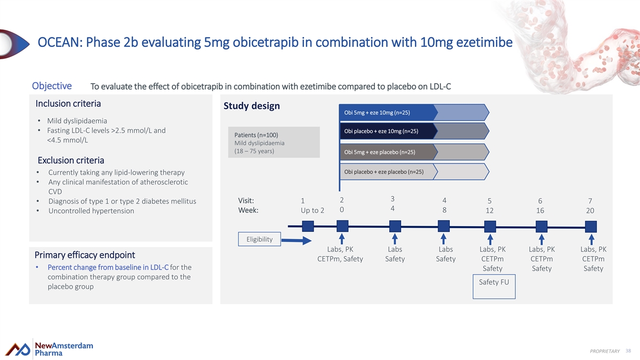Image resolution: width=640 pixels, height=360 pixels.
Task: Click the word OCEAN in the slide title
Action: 60,42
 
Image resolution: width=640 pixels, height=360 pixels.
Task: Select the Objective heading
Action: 52,86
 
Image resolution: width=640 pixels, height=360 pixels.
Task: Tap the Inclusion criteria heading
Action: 68,103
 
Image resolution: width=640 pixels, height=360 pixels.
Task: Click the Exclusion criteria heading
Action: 71,161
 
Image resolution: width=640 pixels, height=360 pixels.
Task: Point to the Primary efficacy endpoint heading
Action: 85,255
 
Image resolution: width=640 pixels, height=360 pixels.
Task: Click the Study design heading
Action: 251,106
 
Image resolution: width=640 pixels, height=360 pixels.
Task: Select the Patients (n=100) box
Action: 274,142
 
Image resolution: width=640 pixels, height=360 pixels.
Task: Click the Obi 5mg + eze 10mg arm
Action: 414,113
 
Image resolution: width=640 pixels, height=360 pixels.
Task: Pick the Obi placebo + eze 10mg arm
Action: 414,131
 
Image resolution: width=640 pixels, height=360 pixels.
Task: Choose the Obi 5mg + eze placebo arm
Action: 414,151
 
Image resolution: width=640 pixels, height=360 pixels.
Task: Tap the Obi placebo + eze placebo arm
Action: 414,172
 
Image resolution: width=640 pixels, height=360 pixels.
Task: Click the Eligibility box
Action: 259,239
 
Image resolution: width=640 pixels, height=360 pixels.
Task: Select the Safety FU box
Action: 494,286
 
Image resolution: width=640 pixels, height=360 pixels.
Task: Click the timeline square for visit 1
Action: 308,226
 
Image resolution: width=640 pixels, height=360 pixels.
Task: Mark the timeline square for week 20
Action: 591,227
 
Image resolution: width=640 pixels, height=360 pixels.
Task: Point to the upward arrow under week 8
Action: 443,239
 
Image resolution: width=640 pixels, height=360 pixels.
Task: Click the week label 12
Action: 490,211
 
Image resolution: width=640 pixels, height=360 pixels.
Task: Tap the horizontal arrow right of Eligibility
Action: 297,241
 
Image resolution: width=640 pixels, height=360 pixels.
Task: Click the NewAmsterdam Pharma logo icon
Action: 18,349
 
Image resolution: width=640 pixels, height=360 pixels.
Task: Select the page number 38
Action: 628,350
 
